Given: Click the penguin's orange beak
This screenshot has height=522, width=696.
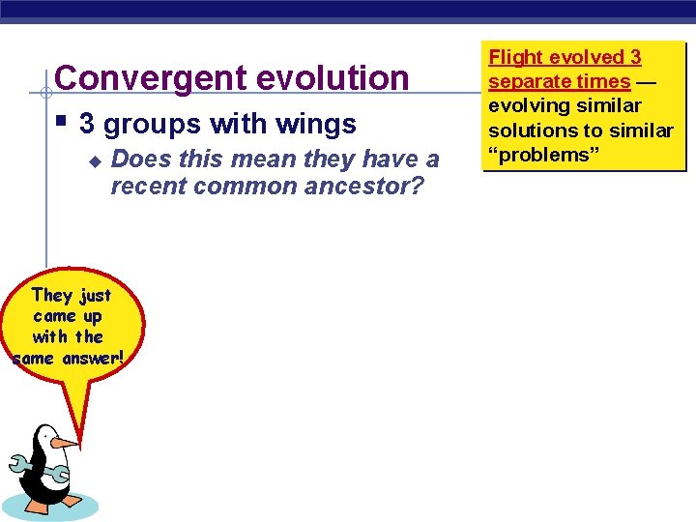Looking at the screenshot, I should coord(64,442).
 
